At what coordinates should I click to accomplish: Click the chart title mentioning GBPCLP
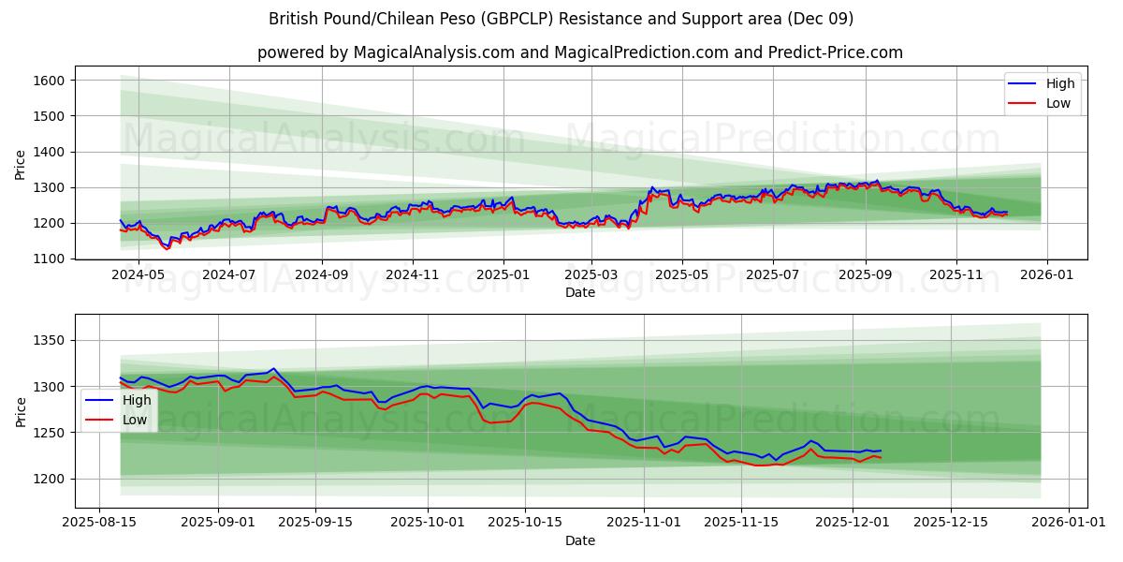(561, 19)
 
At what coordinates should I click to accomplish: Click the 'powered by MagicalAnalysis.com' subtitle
(579, 52)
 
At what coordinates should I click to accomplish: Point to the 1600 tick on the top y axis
(48, 81)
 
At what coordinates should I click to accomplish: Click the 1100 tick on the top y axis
(48, 259)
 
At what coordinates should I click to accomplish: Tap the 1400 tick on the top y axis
(48, 152)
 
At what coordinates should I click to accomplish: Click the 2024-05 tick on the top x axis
(139, 275)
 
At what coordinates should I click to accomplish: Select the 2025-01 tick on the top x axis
(503, 275)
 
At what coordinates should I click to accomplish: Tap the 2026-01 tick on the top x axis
(1046, 275)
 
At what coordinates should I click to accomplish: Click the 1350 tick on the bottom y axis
(48, 340)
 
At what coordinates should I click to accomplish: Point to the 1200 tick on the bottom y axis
(48, 479)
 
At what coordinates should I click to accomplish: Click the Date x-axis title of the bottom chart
(579, 541)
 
